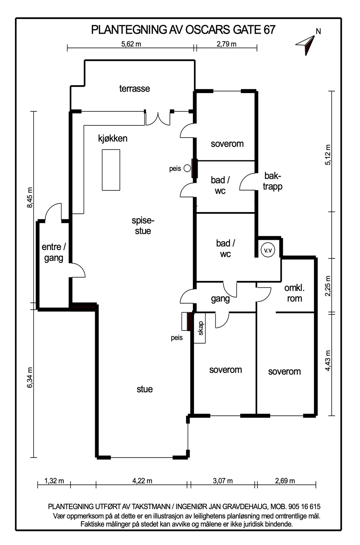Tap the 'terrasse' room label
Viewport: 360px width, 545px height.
point(135,89)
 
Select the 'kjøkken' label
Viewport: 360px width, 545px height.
point(113,138)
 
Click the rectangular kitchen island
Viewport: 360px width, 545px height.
point(111,170)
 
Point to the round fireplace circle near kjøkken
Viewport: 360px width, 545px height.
point(187,168)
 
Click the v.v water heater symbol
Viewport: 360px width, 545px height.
point(268,250)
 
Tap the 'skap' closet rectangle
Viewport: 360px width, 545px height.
point(200,328)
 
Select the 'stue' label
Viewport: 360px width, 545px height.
point(145,389)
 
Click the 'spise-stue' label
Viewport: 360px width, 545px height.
point(143,225)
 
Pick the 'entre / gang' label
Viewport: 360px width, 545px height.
point(54,252)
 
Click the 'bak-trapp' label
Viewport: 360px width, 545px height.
point(273,181)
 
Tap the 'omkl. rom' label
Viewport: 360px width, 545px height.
point(294,293)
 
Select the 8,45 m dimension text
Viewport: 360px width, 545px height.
point(29,197)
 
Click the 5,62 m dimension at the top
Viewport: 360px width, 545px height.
point(131,44)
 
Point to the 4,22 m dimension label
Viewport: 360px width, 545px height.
point(142,481)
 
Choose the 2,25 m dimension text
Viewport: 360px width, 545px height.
point(328,286)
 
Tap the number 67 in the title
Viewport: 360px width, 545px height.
point(269,30)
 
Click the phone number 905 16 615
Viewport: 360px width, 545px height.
point(304,507)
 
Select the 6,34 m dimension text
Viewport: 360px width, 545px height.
point(29,377)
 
